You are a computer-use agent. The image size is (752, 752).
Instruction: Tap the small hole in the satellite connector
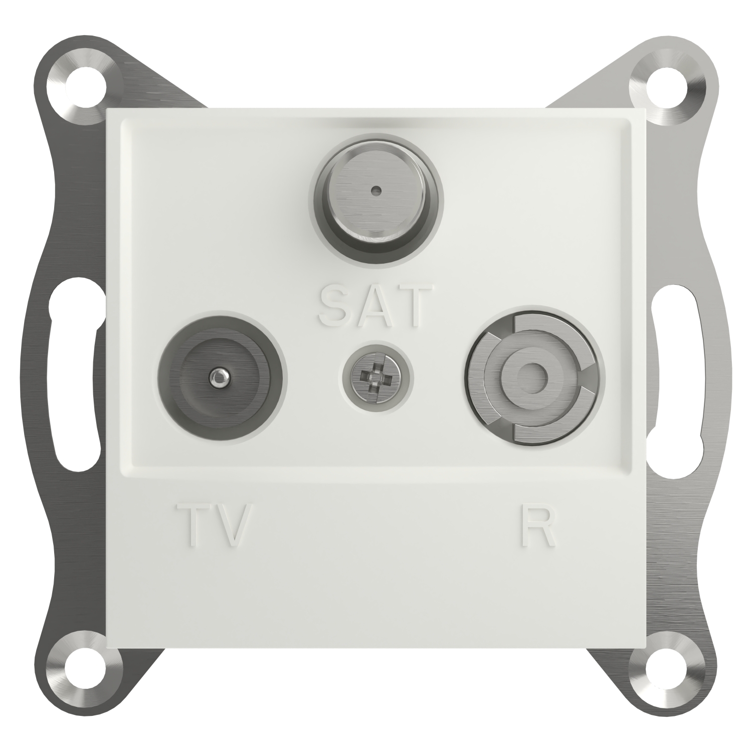point(375,191)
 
